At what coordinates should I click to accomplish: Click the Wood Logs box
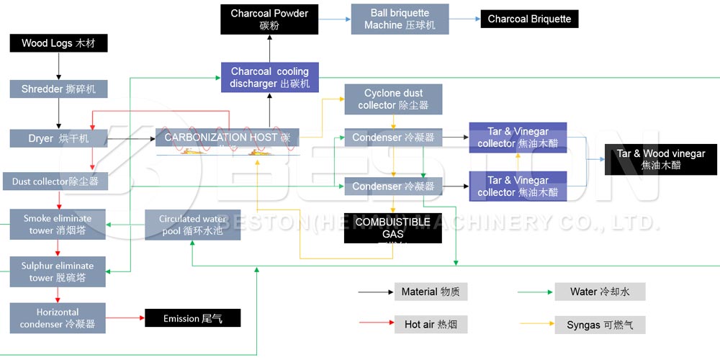[58, 43]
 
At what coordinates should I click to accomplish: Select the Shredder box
[58, 89]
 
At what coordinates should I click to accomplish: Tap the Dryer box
[58, 138]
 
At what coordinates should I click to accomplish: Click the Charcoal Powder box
[269, 19]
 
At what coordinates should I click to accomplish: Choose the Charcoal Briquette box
[529, 19]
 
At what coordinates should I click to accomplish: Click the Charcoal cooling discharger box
[269, 78]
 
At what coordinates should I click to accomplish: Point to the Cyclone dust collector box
[393, 99]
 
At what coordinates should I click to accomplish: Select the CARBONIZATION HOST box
[227, 138]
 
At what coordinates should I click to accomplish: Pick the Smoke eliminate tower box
[58, 225]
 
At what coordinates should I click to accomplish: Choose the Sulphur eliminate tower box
[58, 272]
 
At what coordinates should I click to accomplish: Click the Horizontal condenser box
[58, 318]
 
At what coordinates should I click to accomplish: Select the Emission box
[192, 318]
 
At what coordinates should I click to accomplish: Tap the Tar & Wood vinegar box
[661, 159]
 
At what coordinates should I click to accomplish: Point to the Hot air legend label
[431, 325]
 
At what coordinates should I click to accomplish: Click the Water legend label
[599, 292]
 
